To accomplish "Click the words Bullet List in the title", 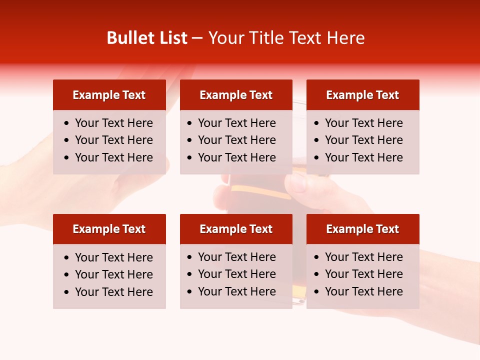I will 147,38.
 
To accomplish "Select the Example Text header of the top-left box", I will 109,95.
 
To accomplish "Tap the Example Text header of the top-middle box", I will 236,95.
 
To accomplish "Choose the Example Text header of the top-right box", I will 362,95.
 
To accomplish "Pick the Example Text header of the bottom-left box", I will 109,229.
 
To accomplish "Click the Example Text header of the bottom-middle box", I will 236,229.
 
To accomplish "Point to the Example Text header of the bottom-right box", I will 362,229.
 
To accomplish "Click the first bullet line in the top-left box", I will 113,123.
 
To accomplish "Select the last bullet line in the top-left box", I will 113,157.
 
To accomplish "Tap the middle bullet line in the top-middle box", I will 236,140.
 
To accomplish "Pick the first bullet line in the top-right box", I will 363,123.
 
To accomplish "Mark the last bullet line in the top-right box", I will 363,157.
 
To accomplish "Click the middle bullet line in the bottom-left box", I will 113,274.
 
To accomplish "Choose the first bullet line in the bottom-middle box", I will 236,257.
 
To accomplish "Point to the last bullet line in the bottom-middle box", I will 236,291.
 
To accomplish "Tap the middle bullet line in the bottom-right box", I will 363,274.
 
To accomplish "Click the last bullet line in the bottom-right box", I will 363,291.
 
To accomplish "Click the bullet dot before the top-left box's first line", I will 67,123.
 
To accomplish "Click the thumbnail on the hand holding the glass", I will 298,183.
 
